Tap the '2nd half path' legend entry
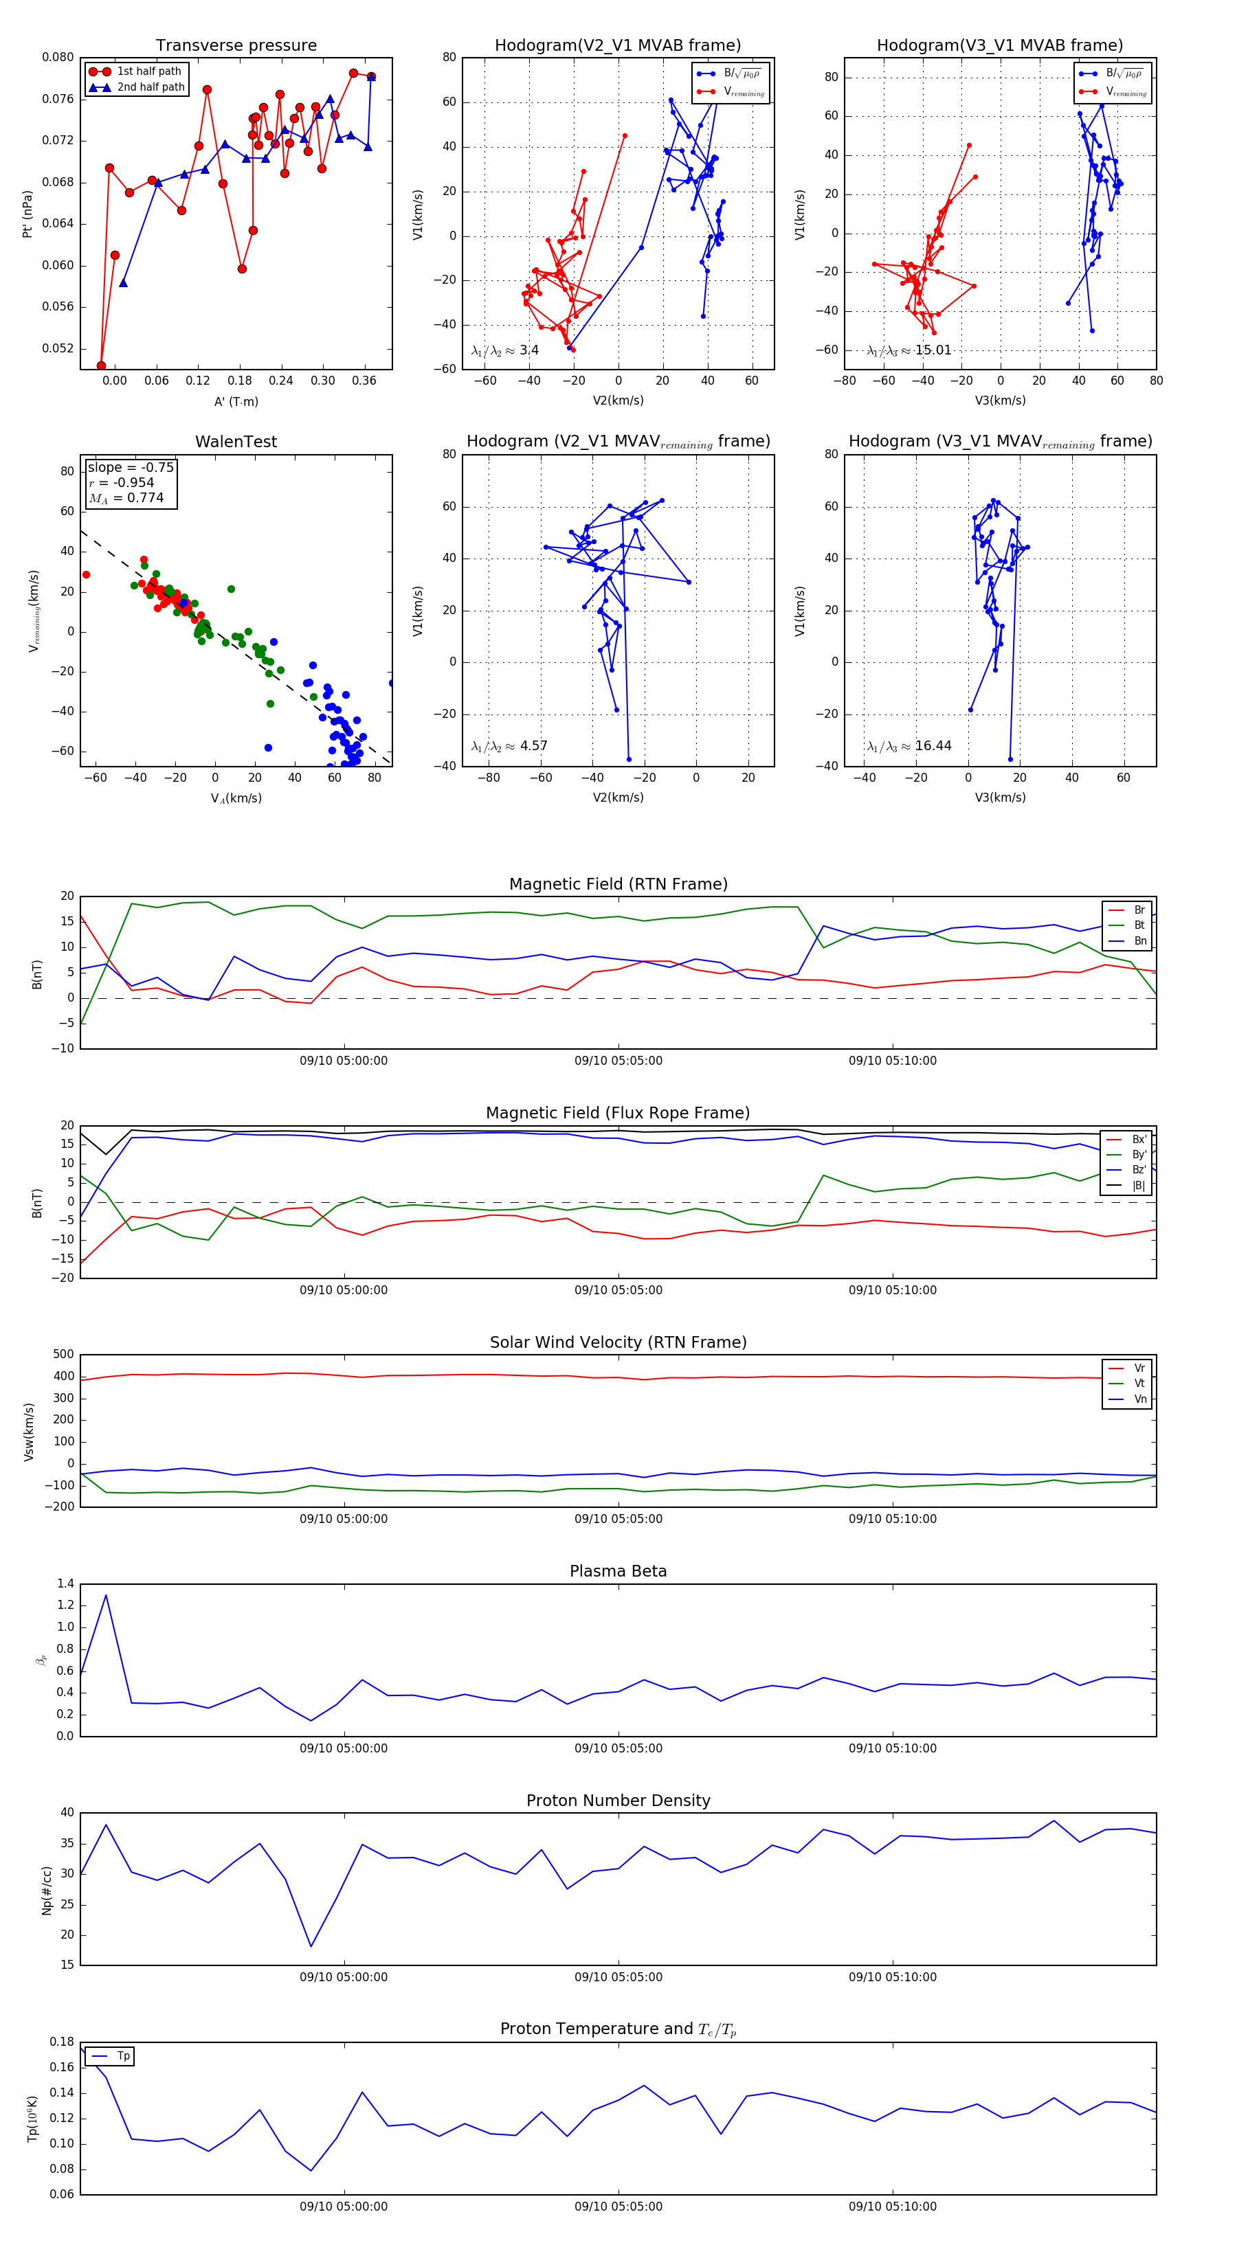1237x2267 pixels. pos(151,87)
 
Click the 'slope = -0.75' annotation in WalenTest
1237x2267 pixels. pos(131,467)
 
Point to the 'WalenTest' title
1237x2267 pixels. pos(236,442)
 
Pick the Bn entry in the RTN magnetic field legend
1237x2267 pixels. pos(1139,940)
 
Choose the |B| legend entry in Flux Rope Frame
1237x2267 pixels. pos(1139,1186)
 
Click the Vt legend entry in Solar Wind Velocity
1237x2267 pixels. pos(1139,1384)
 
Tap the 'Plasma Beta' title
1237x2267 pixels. pos(618,1571)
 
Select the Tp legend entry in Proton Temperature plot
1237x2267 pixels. pos(123,2056)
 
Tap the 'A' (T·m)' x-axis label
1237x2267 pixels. pos(236,401)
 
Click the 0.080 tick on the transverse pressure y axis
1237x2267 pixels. pos(58,57)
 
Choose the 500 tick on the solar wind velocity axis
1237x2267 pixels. pos(63,1355)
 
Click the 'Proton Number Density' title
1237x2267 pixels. pos(618,1801)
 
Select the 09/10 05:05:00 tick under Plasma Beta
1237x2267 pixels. pos(618,1748)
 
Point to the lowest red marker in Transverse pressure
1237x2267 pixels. pos(101,365)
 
